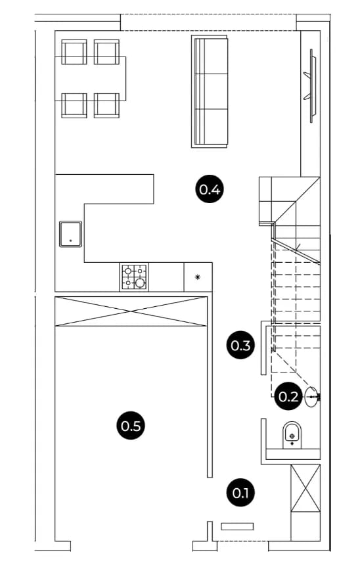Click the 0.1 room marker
pos(240,493)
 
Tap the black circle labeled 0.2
pos(288,396)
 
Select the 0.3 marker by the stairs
pos(240,345)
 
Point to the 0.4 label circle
pos(210,189)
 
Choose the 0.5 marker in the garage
pos(131,425)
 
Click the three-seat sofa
pos(210,91)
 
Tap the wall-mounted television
pos(311,85)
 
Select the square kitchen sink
pos(70,234)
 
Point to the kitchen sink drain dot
pos(70,240)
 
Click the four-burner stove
pos(134,277)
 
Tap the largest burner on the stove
pos(140,283)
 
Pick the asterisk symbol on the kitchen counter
pos(198,277)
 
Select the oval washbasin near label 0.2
pos(311,397)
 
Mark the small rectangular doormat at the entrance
pos(237,526)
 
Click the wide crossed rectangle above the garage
pos(131,311)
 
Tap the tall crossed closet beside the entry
pos(305,488)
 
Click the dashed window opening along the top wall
pos(208,22)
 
